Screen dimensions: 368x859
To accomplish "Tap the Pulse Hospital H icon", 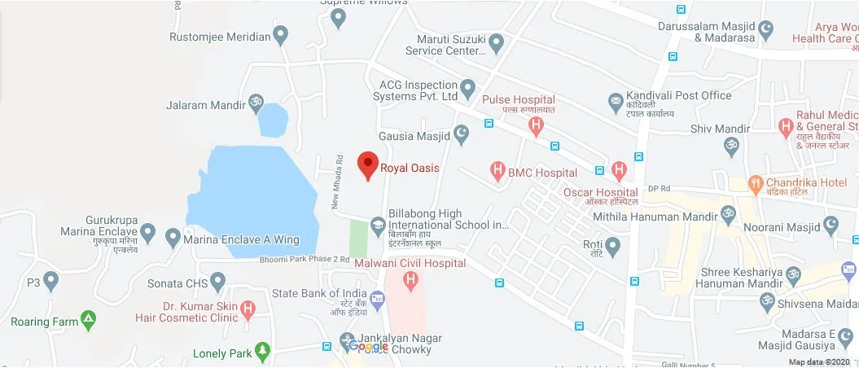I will click(x=536, y=125).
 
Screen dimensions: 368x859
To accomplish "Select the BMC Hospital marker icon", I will click(x=497, y=172).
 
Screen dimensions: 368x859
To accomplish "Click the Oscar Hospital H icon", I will click(x=620, y=171).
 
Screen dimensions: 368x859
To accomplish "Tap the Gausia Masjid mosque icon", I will click(x=462, y=134).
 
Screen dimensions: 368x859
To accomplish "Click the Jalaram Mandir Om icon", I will click(x=256, y=102).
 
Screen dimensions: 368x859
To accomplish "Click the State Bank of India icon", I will click(x=377, y=300).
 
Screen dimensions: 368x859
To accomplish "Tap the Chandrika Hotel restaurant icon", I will click(x=756, y=183).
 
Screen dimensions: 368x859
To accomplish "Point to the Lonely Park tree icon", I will click(x=262, y=352).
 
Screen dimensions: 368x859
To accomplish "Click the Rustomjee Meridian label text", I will click(x=220, y=37).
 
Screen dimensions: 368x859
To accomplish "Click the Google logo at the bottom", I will click(x=368, y=347).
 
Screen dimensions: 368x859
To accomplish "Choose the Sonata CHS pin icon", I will click(x=217, y=283).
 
